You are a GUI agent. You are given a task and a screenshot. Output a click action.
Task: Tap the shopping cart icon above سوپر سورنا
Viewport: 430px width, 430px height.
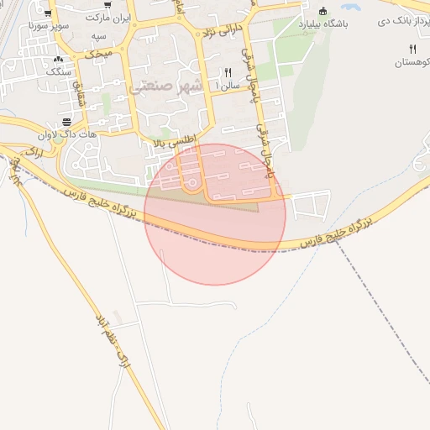coord(48,13)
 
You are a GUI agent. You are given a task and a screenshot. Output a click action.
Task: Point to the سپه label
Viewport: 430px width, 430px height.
coord(99,38)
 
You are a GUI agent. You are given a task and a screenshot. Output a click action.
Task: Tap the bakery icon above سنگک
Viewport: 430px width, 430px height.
coord(58,60)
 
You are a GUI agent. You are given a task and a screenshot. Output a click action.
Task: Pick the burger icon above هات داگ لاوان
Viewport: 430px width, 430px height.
coord(66,122)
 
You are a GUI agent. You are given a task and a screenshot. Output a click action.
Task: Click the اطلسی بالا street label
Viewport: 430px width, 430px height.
coord(174,144)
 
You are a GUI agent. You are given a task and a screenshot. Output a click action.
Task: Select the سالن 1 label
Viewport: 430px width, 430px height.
coord(228,85)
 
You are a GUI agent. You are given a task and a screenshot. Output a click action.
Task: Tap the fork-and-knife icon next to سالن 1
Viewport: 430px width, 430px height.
coord(228,72)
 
